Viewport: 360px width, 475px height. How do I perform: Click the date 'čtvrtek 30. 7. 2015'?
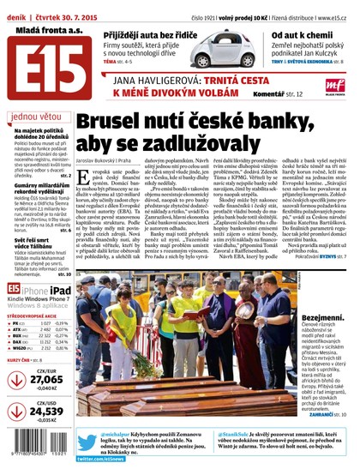click(x=71, y=7)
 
